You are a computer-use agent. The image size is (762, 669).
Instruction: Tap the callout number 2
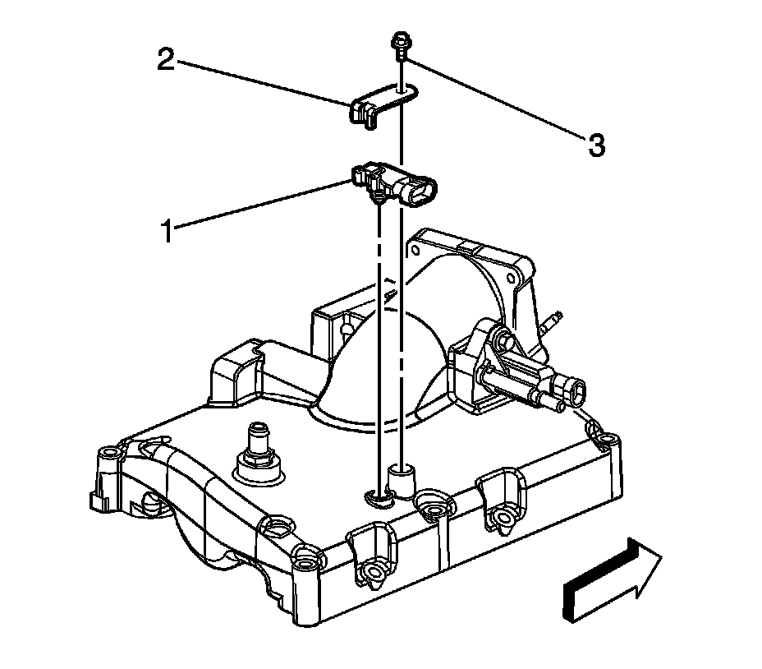167,60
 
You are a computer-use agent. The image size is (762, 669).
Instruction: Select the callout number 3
596,145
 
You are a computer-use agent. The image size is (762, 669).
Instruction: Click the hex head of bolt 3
400,40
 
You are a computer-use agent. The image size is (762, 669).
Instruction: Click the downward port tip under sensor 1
379,199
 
